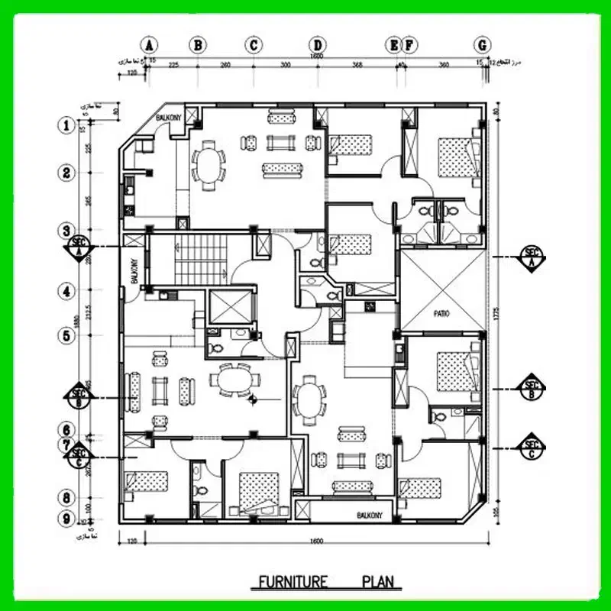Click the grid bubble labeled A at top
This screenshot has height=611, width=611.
click(x=150, y=44)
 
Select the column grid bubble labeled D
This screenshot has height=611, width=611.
click(x=318, y=44)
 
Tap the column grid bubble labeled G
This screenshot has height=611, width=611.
click(x=482, y=44)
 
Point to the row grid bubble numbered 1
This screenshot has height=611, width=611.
click(x=67, y=125)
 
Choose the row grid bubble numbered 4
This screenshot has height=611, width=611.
click(x=67, y=291)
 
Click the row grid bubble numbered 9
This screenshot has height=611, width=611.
click(x=67, y=519)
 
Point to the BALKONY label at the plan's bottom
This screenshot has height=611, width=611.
click(x=373, y=516)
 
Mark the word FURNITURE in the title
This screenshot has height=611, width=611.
click(x=293, y=582)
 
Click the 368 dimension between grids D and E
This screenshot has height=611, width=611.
click(x=356, y=66)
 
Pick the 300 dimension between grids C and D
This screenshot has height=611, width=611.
click(x=286, y=66)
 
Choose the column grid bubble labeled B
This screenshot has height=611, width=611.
click(x=198, y=44)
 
